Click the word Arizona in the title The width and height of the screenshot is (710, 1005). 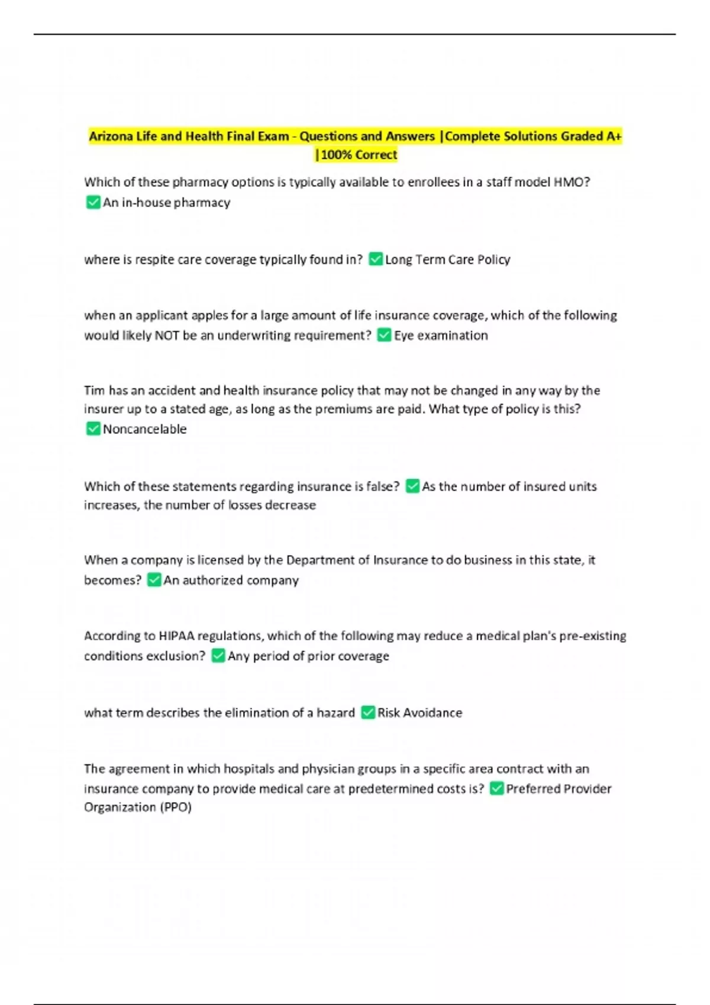tap(111, 137)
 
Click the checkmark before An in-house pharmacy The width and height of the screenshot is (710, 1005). tap(93, 203)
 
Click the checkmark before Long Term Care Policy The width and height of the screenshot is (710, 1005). tap(375, 260)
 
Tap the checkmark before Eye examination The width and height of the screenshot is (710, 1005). tap(384, 335)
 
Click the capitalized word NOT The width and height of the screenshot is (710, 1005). tap(166, 335)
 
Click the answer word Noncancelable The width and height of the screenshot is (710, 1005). tap(144, 429)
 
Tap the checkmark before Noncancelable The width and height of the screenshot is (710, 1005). tap(93, 429)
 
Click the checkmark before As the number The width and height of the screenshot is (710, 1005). tap(412, 487)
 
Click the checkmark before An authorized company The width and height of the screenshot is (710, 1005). tap(154, 580)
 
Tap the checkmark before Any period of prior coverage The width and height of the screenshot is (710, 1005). tap(218, 656)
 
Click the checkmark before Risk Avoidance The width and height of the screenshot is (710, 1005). tap(367, 712)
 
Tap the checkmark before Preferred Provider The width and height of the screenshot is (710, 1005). tap(496, 789)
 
